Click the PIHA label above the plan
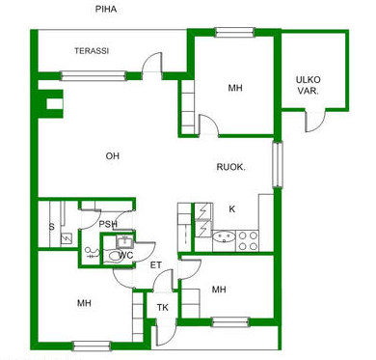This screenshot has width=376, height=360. coord(106,9)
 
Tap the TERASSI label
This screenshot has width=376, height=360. coord(92,51)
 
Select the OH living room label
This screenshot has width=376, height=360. coord(113,156)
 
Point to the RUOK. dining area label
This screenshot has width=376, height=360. coord(231,167)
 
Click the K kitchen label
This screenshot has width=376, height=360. coord(232,209)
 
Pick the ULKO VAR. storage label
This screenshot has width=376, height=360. coord(309,85)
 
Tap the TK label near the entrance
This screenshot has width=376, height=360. coord(163,308)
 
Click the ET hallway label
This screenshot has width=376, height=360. coord(156,265)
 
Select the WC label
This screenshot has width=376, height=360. coord(125,256)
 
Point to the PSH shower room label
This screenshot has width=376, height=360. coord(108,224)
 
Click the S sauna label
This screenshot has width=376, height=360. coord(51,227)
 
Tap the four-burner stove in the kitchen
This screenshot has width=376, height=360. coord(248,241)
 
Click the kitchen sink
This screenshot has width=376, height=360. coord(224,237)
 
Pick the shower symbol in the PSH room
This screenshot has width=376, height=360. coord(91,253)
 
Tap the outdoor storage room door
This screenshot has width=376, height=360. coord(315,122)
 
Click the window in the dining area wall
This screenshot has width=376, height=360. coord(277,165)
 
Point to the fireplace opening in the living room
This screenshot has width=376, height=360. coord(55,104)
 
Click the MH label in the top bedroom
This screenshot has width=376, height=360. coord(235,88)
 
